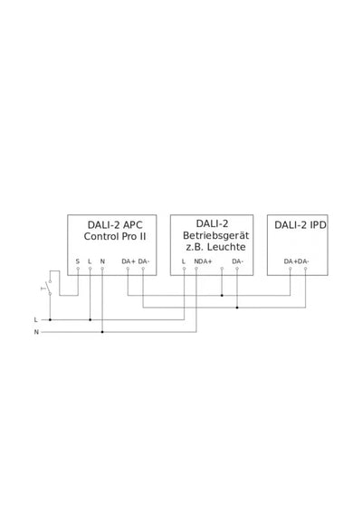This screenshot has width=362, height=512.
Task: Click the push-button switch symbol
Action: click(49, 288)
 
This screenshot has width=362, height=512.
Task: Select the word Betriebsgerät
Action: click(215, 236)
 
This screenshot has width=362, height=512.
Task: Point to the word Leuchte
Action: click(226, 247)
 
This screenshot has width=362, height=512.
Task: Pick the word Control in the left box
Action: click(101, 236)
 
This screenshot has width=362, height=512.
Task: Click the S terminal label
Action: click(78, 261)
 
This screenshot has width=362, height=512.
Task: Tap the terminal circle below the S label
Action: click(78, 269)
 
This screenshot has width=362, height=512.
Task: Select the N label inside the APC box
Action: click(102, 261)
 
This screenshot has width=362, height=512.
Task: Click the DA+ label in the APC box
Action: click(129, 261)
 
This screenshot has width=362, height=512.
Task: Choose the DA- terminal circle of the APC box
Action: click(143, 269)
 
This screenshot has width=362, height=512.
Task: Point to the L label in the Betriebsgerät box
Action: click(184, 261)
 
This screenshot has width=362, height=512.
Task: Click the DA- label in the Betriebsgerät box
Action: click(237, 261)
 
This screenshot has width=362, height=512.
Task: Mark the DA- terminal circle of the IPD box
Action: click(305, 269)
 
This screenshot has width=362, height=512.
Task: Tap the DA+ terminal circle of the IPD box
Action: click(291, 269)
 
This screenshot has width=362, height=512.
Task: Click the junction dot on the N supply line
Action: click(102, 332)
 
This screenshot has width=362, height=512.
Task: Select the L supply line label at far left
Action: click(36, 320)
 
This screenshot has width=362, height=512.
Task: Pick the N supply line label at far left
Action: click(36, 332)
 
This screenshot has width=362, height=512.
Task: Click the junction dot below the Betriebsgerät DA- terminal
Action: click(237, 308)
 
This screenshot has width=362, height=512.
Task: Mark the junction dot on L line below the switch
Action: click(50, 319)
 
